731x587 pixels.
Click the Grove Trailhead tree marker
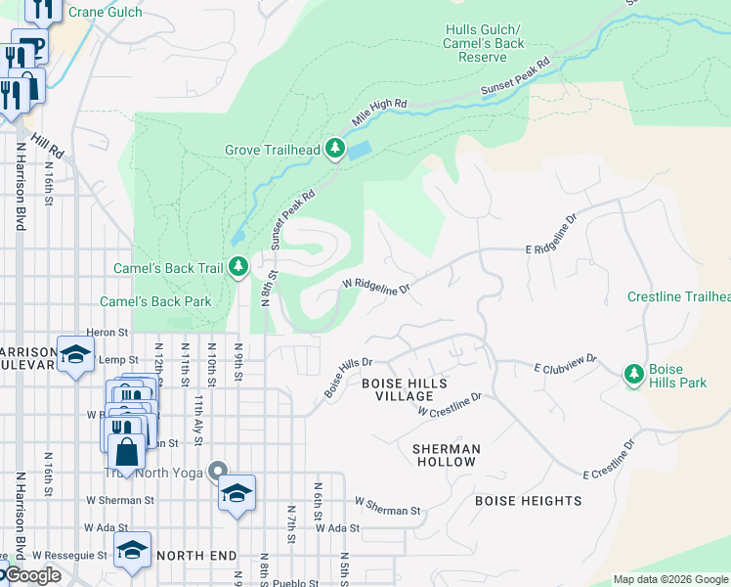point(335,149)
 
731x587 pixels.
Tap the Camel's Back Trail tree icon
point(238,266)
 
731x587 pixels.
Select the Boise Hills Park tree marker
point(634,374)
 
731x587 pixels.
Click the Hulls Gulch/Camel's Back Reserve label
point(483,43)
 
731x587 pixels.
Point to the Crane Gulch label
point(107,12)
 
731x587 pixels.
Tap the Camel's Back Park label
point(155,301)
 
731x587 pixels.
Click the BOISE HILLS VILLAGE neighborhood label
point(397,389)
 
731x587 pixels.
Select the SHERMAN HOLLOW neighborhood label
point(446,455)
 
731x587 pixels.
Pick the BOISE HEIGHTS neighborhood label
point(528,501)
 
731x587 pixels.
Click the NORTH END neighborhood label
point(196,555)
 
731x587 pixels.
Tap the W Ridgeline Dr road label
point(375,285)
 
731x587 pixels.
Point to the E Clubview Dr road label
point(565,368)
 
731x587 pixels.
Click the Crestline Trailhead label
point(678,296)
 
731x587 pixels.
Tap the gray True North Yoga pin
point(218,473)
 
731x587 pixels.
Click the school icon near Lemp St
point(75,354)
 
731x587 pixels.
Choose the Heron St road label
point(108,333)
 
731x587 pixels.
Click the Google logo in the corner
point(31,575)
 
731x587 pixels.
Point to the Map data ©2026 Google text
point(670,579)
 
